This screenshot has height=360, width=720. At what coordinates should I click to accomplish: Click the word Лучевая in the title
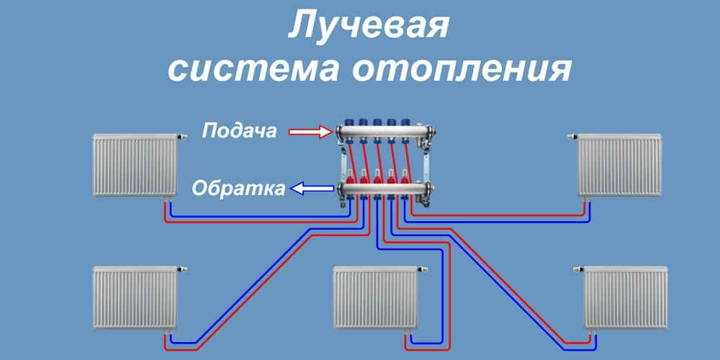click(x=368, y=27)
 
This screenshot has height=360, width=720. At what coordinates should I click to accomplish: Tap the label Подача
click(x=239, y=132)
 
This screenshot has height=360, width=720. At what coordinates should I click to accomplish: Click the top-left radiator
click(x=135, y=166)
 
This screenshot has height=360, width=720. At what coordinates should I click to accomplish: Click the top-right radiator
click(x=619, y=166)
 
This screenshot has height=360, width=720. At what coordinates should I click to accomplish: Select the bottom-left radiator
click(x=135, y=297)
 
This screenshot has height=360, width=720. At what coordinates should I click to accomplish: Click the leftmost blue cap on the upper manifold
click(x=350, y=121)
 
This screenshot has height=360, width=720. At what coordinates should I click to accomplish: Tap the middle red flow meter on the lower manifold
click(x=377, y=176)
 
